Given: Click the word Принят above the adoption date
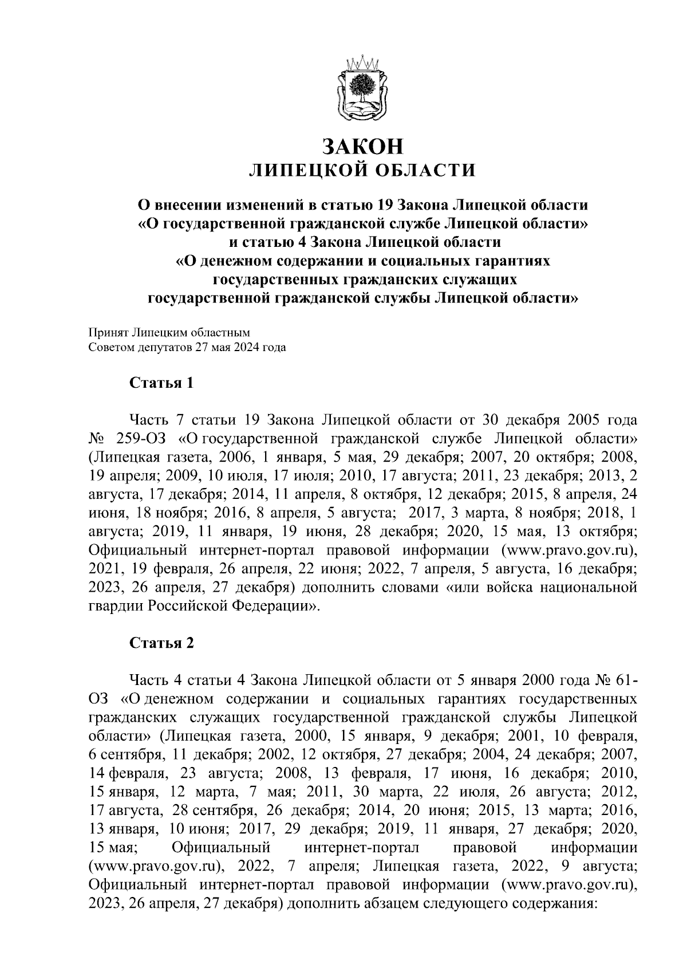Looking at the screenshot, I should (108, 332).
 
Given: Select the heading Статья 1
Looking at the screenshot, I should (162, 383).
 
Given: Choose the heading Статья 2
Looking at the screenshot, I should (162, 643).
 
